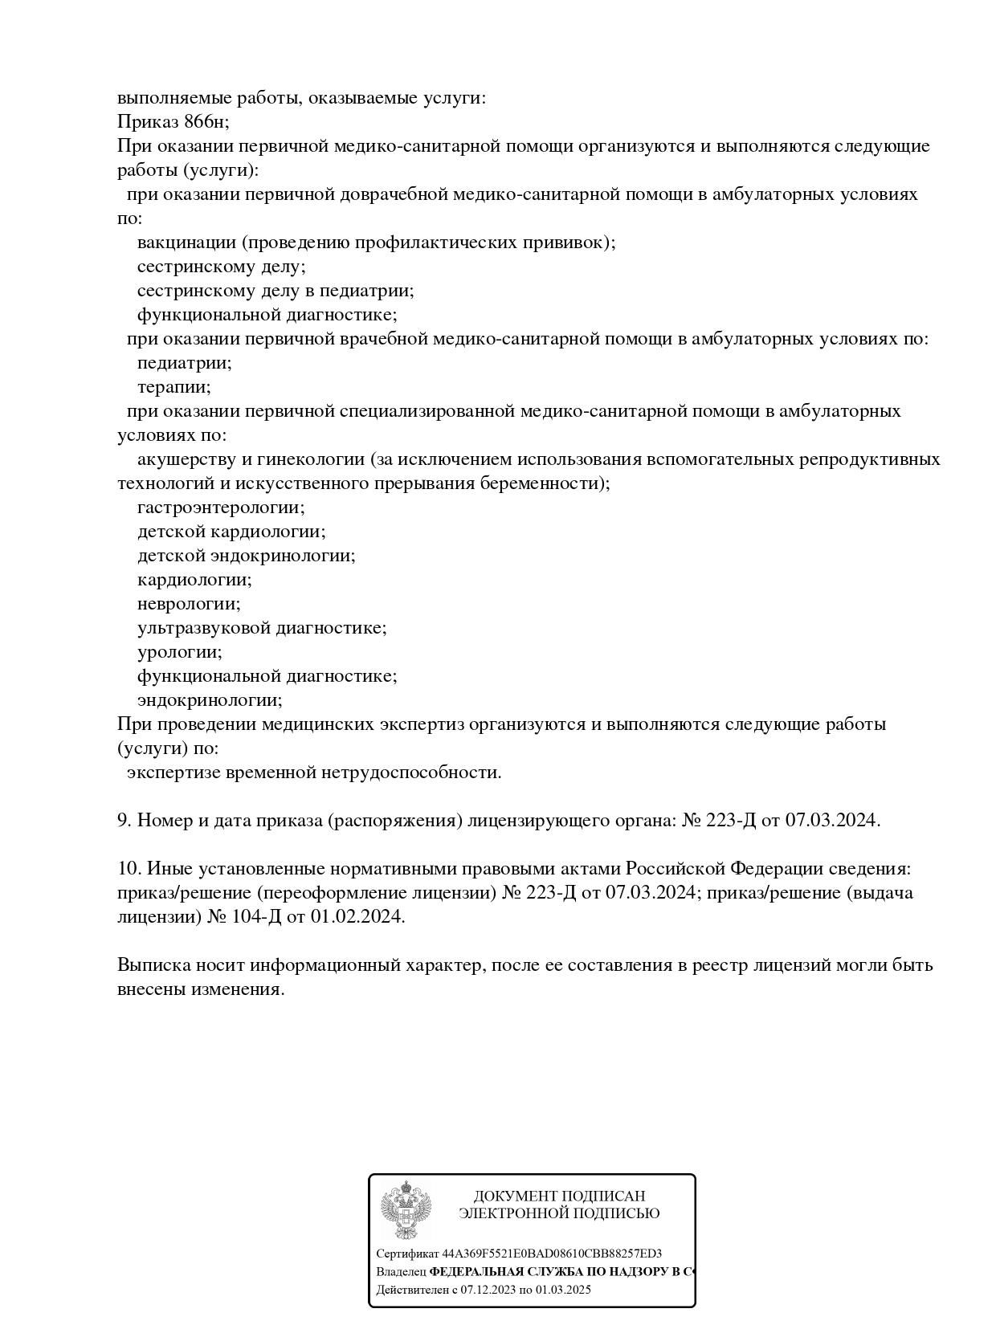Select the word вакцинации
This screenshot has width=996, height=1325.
coord(187,243)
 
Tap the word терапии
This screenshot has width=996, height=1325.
coord(173,387)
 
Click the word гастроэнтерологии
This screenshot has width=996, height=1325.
coord(221,508)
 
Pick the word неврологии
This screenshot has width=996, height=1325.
coord(188,604)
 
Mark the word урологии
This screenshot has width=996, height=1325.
coord(179,652)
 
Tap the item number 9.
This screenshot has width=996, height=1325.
coord(124,821)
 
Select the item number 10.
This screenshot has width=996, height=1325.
coord(129,869)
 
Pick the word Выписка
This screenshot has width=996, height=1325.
coord(150,965)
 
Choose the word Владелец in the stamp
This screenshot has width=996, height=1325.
coord(401,1272)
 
